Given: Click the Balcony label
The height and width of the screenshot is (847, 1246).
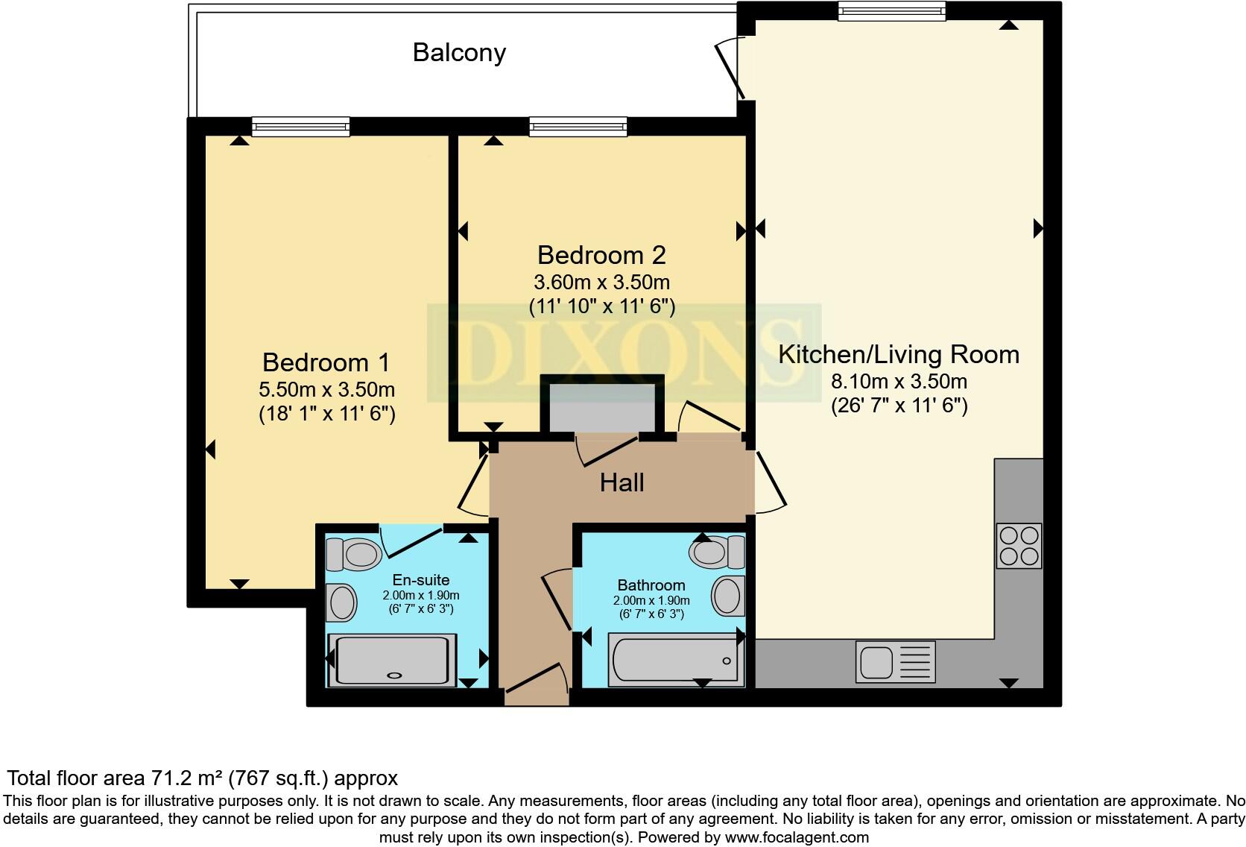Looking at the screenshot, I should tap(459, 52).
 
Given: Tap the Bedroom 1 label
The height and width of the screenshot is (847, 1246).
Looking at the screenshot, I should tap(326, 362).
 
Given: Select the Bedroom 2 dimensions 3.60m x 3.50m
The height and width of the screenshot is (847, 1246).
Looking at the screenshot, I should tap(601, 283).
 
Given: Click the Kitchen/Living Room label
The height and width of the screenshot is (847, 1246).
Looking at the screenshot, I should tap(899, 354).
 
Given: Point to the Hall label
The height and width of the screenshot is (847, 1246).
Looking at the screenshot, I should tap(622, 482).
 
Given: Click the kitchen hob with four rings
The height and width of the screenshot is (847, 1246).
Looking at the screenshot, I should tap(1019, 546).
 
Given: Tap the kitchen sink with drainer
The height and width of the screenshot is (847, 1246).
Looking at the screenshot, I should tap(894, 662).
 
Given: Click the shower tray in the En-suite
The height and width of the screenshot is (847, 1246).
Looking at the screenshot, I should tap(393, 660).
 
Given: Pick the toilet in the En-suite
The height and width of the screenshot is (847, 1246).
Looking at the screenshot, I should tap(354, 553).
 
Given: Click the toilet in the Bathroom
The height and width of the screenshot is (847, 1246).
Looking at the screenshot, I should tap(716, 552).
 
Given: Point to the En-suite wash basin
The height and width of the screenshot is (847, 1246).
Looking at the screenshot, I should tap(343, 602).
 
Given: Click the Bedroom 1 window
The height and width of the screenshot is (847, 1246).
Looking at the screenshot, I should tap(300, 127).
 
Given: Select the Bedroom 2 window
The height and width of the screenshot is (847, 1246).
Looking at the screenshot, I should tap(578, 127).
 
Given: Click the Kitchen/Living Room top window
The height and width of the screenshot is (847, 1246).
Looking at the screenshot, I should tap(891, 10).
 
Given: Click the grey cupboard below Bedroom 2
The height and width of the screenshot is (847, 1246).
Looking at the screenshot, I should tap(601, 407).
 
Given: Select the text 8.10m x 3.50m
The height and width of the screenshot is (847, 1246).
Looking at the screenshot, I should tap(899, 382).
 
